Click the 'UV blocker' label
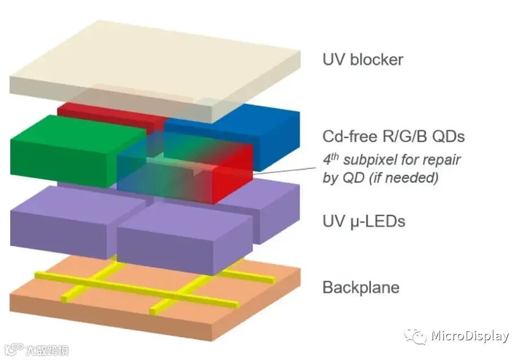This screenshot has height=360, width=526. (363, 59)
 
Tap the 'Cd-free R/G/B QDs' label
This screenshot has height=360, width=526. (394, 136)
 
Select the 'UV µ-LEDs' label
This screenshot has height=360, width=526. (364, 221)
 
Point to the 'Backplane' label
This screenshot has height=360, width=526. (361, 287)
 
